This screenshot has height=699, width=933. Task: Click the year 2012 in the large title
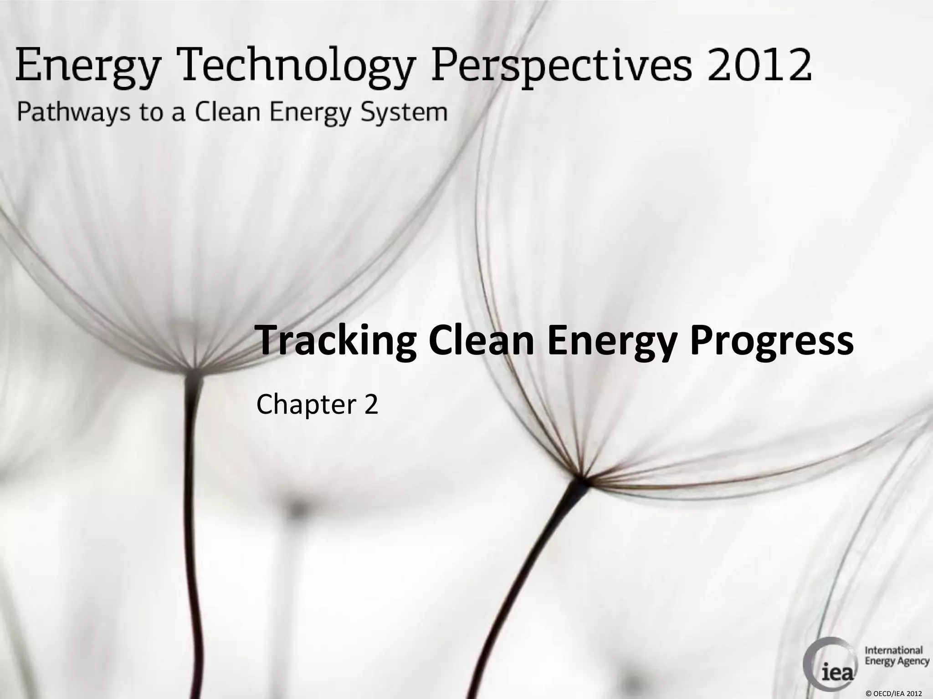(x=759, y=66)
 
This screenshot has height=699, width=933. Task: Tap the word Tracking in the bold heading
(x=337, y=342)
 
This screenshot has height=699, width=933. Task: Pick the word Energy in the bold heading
(x=613, y=342)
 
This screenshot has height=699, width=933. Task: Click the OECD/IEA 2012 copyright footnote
(x=893, y=693)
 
